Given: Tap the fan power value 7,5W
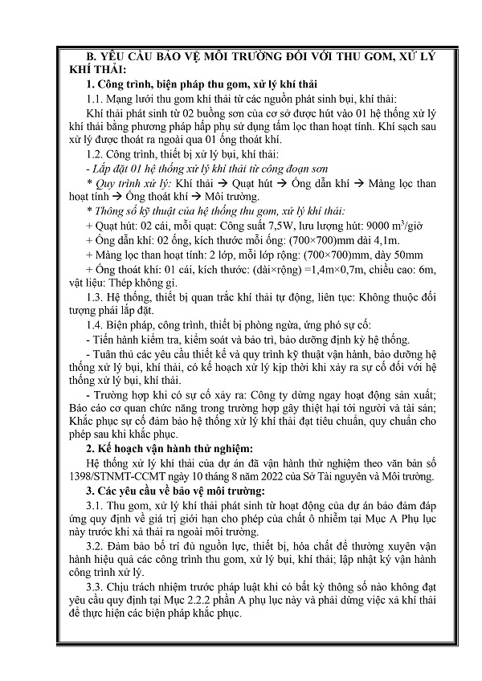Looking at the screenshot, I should [300, 228].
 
